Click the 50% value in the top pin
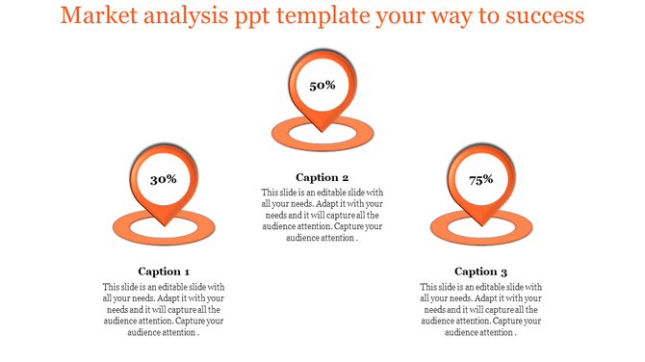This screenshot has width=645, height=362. click(x=322, y=86)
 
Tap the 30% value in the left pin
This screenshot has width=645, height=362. click(x=164, y=179)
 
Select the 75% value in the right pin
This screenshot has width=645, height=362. click(x=481, y=179)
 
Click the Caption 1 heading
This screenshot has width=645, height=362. click(x=164, y=271)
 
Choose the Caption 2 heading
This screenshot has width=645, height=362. click(x=322, y=177)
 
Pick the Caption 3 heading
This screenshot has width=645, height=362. click(x=481, y=271)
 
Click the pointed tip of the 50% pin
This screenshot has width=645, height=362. click(x=322, y=133)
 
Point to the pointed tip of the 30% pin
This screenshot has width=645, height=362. click(x=164, y=226)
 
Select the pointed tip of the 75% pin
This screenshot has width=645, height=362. click(x=481, y=226)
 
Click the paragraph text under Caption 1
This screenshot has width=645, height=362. click(x=164, y=310)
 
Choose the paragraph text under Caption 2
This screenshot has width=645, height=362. click(x=322, y=216)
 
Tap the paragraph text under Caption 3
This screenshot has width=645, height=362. click(x=481, y=310)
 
